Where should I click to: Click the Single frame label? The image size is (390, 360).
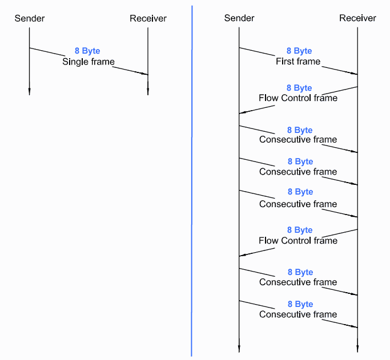[x=89, y=62]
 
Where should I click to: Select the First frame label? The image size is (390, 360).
[x=298, y=62]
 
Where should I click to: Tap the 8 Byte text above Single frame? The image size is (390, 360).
[x=87, y=51]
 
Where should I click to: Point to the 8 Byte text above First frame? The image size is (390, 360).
[x=299, y=51]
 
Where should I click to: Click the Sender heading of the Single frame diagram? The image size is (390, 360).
[x=30, y=18]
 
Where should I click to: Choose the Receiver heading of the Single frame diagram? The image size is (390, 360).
[x=148, y=18]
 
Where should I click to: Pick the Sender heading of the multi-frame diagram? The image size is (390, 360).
[x=239, y=18]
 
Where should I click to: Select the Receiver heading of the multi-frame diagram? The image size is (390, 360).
[x=357, y=18]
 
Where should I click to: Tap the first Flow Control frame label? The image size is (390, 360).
[x=298, y=98]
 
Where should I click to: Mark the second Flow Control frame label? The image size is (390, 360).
[x=298, y=241]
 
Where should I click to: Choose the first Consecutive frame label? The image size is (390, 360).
[x=298, y=140]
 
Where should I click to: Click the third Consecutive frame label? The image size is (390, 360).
[x=298, y=204]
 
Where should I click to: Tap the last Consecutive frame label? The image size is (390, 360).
[x=298, y=314]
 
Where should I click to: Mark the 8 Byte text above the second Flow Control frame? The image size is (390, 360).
[x=299, y=230]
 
